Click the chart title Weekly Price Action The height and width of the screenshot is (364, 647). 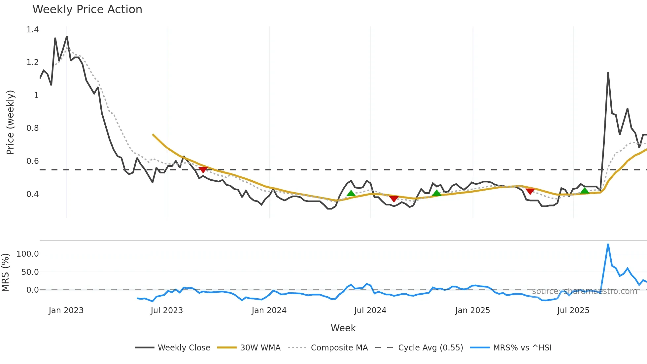[87, 10]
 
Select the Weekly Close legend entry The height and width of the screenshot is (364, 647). [184, 348]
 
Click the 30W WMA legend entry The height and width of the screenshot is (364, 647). [260, 348]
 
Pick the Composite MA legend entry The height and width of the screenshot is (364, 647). [339, 348]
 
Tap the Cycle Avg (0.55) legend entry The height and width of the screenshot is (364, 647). [430, 348]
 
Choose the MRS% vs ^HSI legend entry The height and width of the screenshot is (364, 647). [522, 348]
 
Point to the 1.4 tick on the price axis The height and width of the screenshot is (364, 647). [33, 30]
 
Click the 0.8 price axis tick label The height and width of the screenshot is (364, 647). [33, 128]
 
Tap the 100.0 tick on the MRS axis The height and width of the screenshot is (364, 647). [28, 254]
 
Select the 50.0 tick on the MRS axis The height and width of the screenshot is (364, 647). [30, 272]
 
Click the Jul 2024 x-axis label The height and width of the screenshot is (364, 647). [370, 310]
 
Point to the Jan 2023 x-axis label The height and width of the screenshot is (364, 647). [66, 310]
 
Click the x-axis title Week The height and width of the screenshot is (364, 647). [343, 328]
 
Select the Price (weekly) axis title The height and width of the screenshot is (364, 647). [10, 122]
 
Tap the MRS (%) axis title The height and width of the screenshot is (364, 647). [5, 273]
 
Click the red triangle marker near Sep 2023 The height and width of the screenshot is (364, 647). [203, 170]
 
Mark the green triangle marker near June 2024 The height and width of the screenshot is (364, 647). [351, 193]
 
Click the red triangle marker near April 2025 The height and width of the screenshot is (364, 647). [530, 192]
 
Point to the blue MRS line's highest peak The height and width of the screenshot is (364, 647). [608, 244]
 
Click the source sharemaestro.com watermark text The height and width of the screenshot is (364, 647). [584, 291]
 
